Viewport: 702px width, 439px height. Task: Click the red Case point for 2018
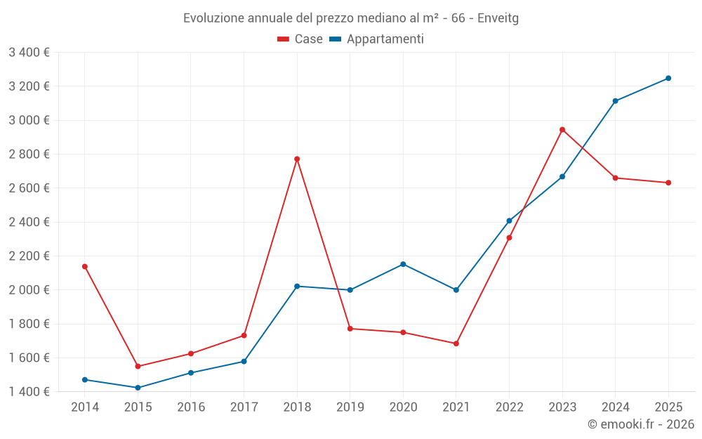click(297, 159)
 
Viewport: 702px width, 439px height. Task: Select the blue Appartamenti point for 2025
click(668, 79)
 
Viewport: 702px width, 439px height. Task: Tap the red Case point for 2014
click(85, 266)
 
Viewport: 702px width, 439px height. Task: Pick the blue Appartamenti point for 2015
click(138, 388)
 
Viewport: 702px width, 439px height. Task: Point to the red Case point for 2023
click(562, 130)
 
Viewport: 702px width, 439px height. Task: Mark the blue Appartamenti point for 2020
click(403, 264)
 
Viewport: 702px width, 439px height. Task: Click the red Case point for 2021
click(456, 343)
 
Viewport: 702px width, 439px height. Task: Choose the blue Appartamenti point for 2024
click(615, 101)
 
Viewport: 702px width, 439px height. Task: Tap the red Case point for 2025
click(668, 183)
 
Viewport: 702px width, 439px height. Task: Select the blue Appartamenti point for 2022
click(509, 221)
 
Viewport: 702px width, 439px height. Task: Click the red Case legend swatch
click(283, 39)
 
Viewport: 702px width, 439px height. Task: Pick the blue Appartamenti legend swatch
click(336, 39)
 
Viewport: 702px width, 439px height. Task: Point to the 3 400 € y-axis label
click(29, 53)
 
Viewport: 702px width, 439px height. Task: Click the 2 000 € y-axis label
click(29, 290)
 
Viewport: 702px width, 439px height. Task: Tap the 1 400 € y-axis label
click(29, 391)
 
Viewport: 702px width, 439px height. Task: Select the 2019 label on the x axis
click(350, 407)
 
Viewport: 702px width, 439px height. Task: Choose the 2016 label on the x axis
click(191, 407)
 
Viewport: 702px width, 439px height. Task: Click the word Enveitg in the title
click(498, 18)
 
